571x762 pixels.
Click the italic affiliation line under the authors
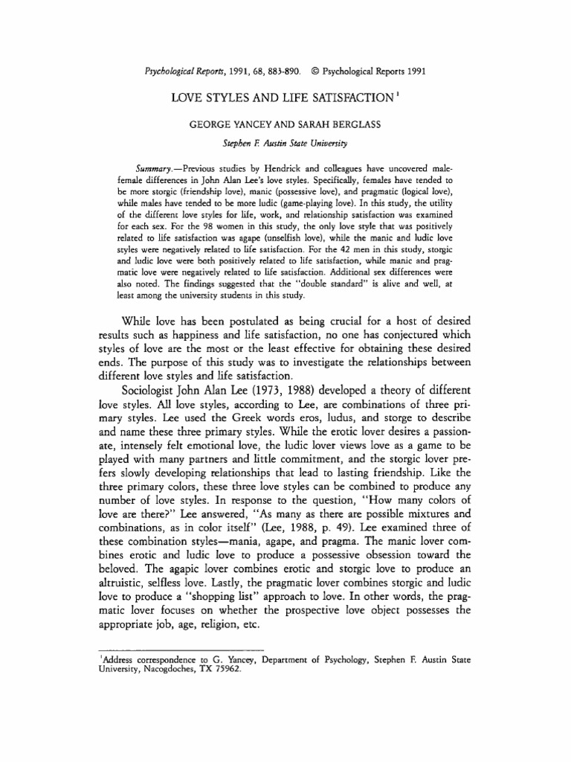coord(285,142)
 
